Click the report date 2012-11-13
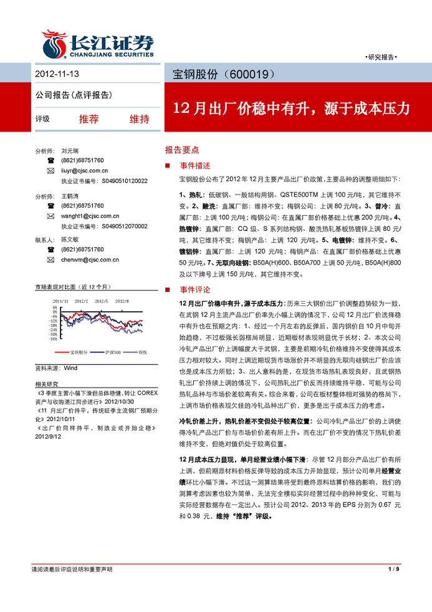click(x=57, y=74)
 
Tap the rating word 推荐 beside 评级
click(x=89, y=119)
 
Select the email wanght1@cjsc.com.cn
click(x=87, y=216)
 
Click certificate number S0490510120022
click(x=124, y=181)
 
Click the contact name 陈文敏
click(x=70, y=240)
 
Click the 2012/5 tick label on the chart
click(x=101, y=301)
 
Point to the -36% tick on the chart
click(x=54, y=339)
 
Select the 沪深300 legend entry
click(x=113, y=352)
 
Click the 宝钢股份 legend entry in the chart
click(x=79, y=352)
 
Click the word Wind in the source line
click(x=70, y=369)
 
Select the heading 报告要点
click(x=182, y=150)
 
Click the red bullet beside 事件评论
click(x=168, y=290)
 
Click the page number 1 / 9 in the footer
click(x=393, y=570)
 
